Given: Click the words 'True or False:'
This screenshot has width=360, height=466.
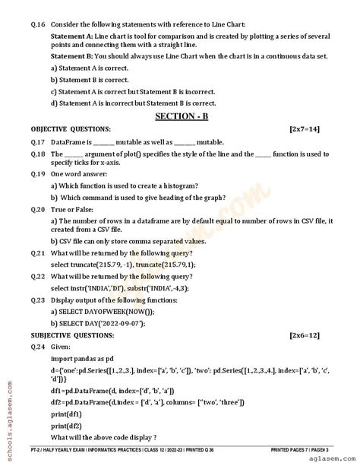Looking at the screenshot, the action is pyautogui.click(x=73, y=208).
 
